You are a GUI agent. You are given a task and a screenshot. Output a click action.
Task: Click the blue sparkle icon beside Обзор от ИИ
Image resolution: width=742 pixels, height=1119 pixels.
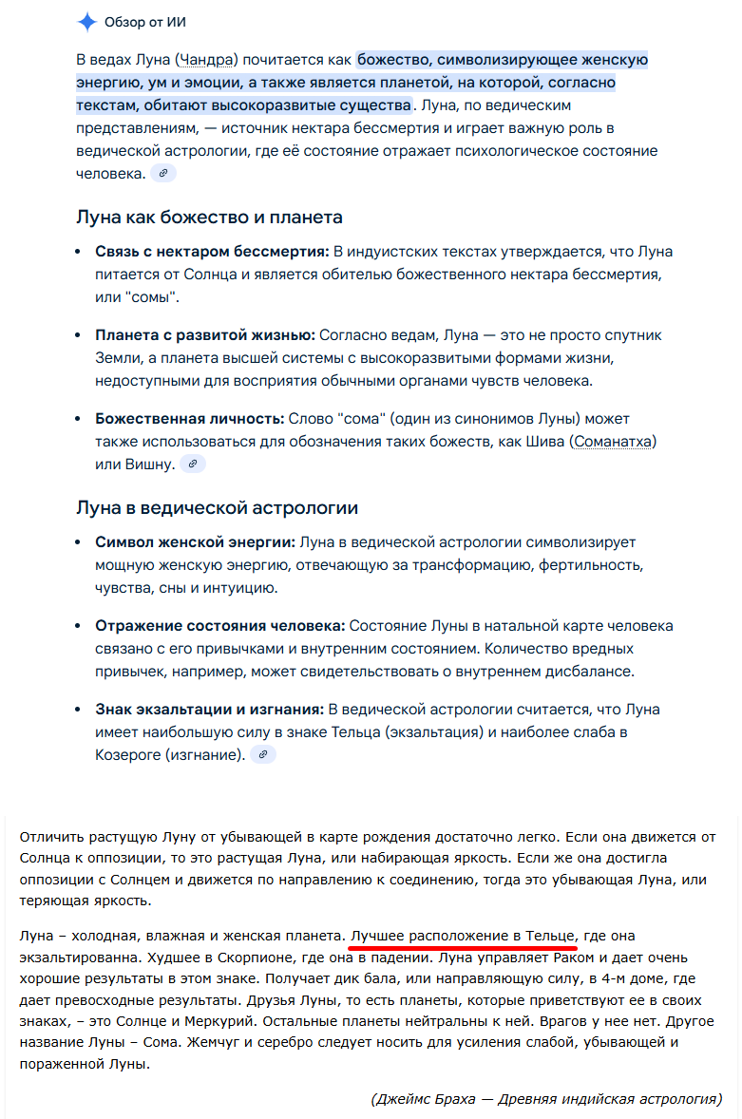pos(86,22)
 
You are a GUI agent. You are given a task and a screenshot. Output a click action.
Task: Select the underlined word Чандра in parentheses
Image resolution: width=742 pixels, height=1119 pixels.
pos(206,60)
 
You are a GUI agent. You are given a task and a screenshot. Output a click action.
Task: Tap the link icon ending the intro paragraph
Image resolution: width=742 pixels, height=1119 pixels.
pos(163,173)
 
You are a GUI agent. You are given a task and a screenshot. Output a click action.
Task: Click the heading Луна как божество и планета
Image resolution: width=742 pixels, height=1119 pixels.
pos(209,218)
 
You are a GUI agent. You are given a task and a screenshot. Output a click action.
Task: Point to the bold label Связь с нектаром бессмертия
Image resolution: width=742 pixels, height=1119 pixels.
pos(212,252)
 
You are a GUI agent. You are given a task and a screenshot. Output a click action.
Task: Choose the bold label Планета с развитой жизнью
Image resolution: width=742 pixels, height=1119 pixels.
pos(205,335)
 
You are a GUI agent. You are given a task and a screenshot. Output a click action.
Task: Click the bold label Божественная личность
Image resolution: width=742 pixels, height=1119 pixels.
pos(190,419)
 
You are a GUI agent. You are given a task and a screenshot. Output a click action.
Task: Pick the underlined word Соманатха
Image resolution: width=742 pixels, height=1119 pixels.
pos(614,442)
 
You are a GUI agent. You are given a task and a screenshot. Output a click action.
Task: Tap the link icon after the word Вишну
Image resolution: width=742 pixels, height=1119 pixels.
pos(193,464)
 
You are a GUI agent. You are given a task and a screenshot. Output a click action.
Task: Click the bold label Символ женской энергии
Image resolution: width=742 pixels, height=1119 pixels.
pos(195,542)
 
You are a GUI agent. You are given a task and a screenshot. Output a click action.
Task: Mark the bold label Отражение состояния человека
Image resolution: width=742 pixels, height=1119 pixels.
pos(219,626)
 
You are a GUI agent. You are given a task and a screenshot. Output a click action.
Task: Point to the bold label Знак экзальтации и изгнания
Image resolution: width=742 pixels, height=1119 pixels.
pos(209,710)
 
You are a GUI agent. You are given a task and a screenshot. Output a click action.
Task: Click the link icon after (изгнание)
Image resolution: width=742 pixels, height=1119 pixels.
pos(263,754)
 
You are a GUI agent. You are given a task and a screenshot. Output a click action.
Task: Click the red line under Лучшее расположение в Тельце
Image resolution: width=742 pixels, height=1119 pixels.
pos(463,947)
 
